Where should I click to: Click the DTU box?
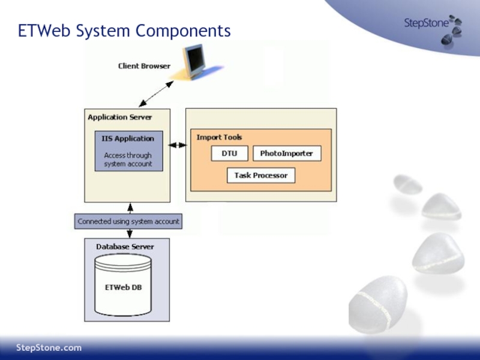pos(229,154)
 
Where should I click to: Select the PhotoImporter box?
pos(287,154)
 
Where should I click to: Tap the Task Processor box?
pos(261,175)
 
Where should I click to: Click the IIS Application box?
pos(129,151)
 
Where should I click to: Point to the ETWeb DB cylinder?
pos(123,285)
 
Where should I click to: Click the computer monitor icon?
pos(194,61)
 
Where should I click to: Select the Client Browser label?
pos(144,66)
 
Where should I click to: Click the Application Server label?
pos(119,117)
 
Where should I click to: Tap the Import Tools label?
pos(219,137)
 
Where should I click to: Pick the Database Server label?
pos(125,247)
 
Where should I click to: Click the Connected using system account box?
pos(128,221)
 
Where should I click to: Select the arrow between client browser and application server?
pos(156,94)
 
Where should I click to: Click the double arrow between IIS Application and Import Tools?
pos(178,145)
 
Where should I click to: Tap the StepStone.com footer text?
pos(49,348)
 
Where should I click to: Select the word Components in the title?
pos(183,32)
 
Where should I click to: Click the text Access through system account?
pos(128,160)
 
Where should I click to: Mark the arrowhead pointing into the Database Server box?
pos(130,235)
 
